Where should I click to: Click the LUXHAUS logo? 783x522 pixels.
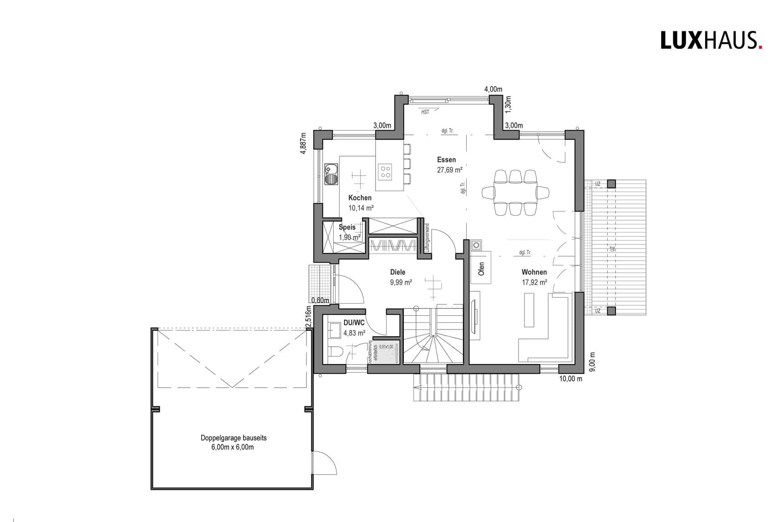point(711,40)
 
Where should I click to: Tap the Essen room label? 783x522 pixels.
point(446,160)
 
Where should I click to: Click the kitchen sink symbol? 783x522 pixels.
point(331,174)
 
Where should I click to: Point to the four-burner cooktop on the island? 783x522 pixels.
point(385,171)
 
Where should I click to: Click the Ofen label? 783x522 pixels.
point(481,269)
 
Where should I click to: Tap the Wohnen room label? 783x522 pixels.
point(534,272)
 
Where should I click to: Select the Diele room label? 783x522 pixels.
point(397,272)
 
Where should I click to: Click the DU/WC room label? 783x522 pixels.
point(354,323)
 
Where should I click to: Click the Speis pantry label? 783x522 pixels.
point(347,227)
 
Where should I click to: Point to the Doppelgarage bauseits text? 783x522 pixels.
point(234,438)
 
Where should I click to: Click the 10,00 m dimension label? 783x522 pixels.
point(570,379)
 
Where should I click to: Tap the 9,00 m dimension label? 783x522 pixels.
point(592,362)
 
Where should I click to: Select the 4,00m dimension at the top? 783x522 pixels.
point(493,89)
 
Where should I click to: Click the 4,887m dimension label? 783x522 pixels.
point(304,143)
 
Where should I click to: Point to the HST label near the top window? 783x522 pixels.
point(425,112)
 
